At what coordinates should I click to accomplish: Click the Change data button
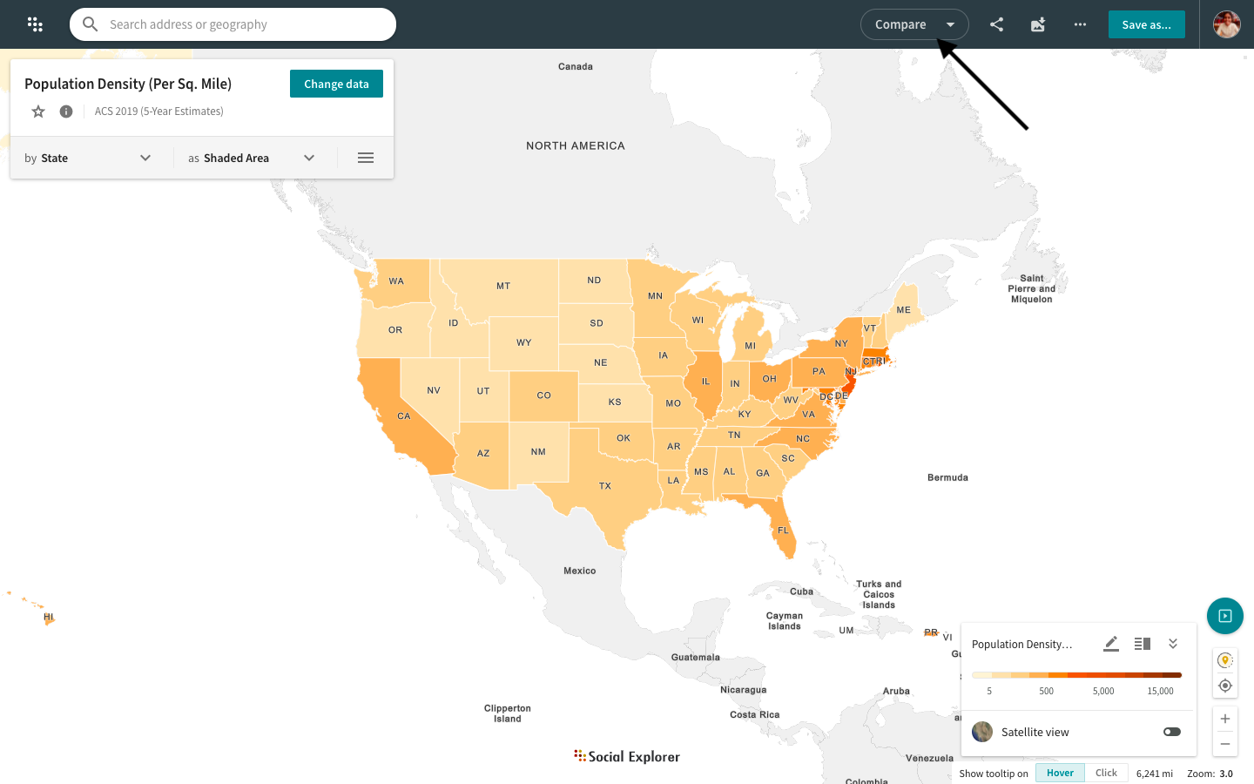[336, 84]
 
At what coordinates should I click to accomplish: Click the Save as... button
[1146, 24]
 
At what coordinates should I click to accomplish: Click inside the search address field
[244, 24]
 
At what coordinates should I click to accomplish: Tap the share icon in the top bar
[996, 24]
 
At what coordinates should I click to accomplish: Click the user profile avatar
[1226, 24]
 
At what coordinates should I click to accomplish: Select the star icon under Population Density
[38, 112]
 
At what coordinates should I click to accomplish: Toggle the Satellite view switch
[1171, 732]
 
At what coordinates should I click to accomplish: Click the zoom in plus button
[1224, 719]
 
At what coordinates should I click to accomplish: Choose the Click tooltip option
[1106, 773]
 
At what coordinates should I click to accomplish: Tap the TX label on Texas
[605, 486]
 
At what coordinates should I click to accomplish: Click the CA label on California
[404, 416]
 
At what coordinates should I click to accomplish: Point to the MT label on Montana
[503, 286]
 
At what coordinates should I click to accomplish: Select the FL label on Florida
[783, 530]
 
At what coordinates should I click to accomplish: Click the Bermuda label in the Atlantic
[947, 477]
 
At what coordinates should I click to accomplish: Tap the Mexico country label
[579, 571]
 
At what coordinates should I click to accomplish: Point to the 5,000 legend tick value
[1103, 691]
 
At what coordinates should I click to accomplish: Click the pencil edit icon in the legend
[1110, 644]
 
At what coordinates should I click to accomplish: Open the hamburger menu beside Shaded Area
[366, 158]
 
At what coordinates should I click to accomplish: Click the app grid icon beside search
[35, 24]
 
